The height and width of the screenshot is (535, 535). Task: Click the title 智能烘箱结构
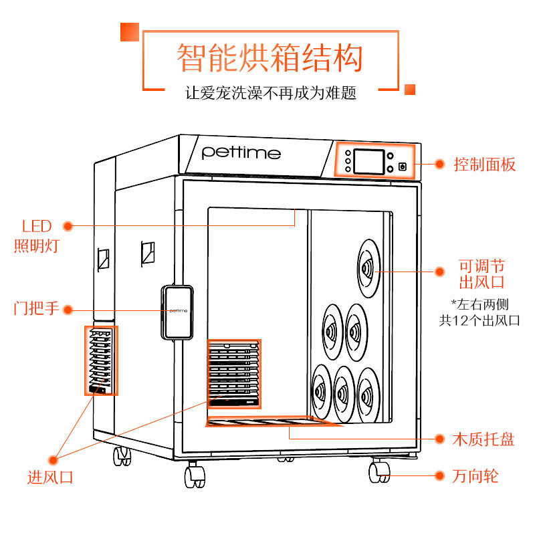[270, 58]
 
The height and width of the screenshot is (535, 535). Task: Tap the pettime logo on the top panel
[241, 152]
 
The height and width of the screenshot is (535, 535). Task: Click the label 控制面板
[485, 164]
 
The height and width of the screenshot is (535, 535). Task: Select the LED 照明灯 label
[36, 235]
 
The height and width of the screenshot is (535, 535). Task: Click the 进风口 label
[49, 477]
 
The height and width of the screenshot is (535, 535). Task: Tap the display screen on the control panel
[368, 162]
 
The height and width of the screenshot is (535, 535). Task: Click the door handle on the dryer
[178, 311]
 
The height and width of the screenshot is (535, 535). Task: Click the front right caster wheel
[378, 471]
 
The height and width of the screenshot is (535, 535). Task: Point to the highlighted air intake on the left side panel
[101, 360]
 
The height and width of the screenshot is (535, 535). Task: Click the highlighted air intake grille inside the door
[233, 374]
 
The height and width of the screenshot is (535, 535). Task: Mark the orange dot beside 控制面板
[439, 164]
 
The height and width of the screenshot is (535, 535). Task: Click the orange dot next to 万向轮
[439, 476]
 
